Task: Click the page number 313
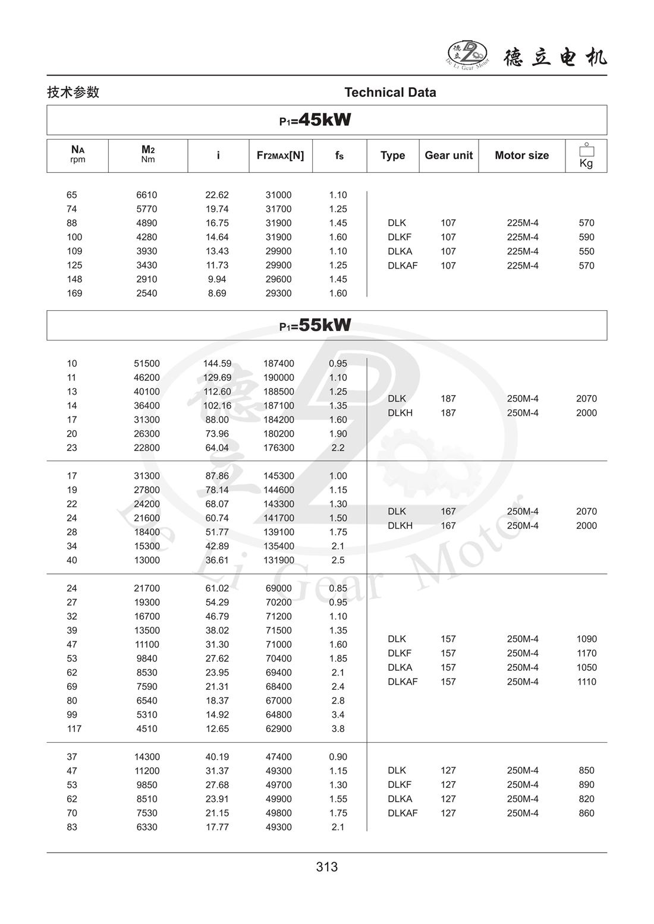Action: pos(327,867)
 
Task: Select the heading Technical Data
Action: pos(390,92)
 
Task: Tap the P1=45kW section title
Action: pos(315,120)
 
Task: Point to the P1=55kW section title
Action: pos(315,325)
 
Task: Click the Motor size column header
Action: pos(521,155)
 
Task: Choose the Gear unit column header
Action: pos(448,155)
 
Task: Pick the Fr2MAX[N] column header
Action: pos(280,155)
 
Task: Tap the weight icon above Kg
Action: pos(586,150)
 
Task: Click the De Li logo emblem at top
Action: pos(467,53)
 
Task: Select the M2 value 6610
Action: pos(147,195)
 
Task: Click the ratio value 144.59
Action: pos(218,364)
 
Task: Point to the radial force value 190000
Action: pos(279,377)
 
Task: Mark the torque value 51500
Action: pos(147,364)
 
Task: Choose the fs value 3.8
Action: pos(338,729)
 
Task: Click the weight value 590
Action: pos(586,237)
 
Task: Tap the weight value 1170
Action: pos(586,653)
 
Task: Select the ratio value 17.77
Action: pos(217,827)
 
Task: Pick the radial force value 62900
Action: pos(279,729)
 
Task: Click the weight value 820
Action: pos(586,799)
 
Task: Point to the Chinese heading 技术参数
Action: pos(73,92)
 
